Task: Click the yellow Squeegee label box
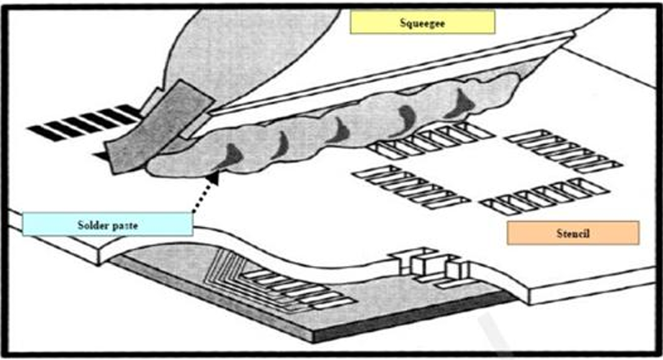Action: [x=422, y=22]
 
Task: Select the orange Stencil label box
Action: [x=572, y=232]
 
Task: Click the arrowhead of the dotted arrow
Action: [x=213, y=177]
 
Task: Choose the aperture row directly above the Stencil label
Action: [x=533, y=196]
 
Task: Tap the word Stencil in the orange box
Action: [x=572, y=232]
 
